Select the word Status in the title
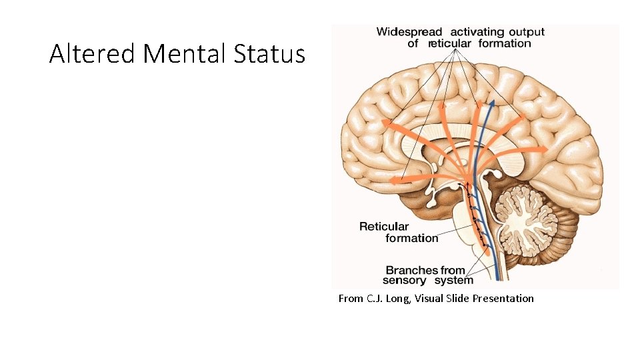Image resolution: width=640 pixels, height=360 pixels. (269, 53)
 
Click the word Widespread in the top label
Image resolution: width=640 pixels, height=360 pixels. (409, 31)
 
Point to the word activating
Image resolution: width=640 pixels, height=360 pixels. (479, 31)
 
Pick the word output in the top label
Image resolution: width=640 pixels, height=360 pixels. (527, 31)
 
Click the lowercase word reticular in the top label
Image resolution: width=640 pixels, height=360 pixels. (449, 43)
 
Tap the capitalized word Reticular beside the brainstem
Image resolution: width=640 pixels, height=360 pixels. (384, 226)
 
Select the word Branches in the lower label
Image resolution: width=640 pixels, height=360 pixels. (411, 270)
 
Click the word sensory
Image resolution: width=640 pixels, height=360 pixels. (406, 280)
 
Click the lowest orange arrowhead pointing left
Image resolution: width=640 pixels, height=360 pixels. (393, 180)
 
